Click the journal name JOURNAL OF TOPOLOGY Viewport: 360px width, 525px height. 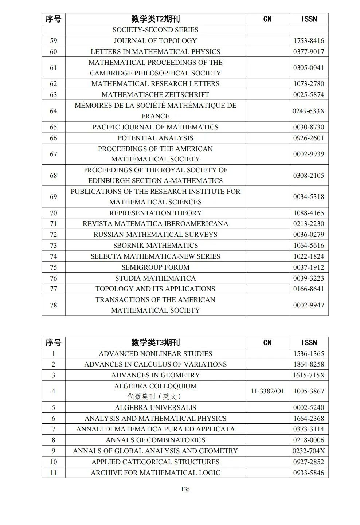(x=155, y=41)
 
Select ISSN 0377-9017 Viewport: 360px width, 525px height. (x=308, y=52)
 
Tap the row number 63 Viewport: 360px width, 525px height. (x=53, y=95)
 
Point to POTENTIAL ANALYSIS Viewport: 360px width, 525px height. (x=155, y=138)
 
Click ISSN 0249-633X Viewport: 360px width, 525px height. (x=308, y=111)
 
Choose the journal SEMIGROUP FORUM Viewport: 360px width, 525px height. (x=155, y=267)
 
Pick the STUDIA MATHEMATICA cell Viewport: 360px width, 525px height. (x=155, y=278)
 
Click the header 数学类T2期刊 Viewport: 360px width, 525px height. (x=155, y=19)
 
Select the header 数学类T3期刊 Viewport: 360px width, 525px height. (x=155, y=342)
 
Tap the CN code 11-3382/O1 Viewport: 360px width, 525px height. (x=267, y=391)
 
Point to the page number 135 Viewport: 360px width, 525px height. (x=185, y=489)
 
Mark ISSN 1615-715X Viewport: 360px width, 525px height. (x=308, y=375)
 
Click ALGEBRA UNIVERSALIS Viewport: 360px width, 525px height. (x=155, y=408)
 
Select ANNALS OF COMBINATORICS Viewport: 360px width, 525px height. (x=155, y=440)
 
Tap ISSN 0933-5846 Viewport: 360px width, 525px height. (x=308, y=473)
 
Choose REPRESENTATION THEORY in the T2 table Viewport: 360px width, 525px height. (x=155, y=213)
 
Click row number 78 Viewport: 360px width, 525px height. (x=53, y=305)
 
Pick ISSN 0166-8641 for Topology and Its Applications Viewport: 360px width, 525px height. (x=308, y=289)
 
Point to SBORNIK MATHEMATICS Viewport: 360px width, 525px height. (x=155, y=246)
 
